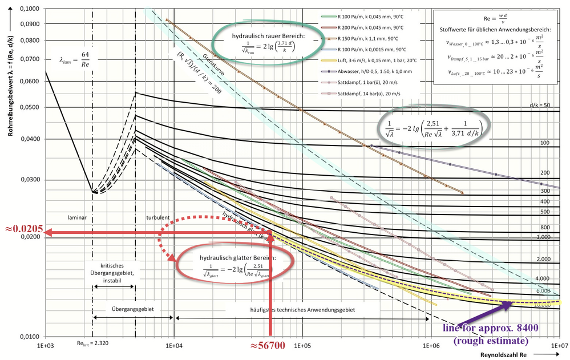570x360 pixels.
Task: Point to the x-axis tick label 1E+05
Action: tap(301, 346)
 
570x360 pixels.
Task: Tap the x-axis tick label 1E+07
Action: tap(559, 346)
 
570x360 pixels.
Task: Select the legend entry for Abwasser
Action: tap(371, 71)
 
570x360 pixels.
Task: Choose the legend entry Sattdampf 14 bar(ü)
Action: tap(371, 93)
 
